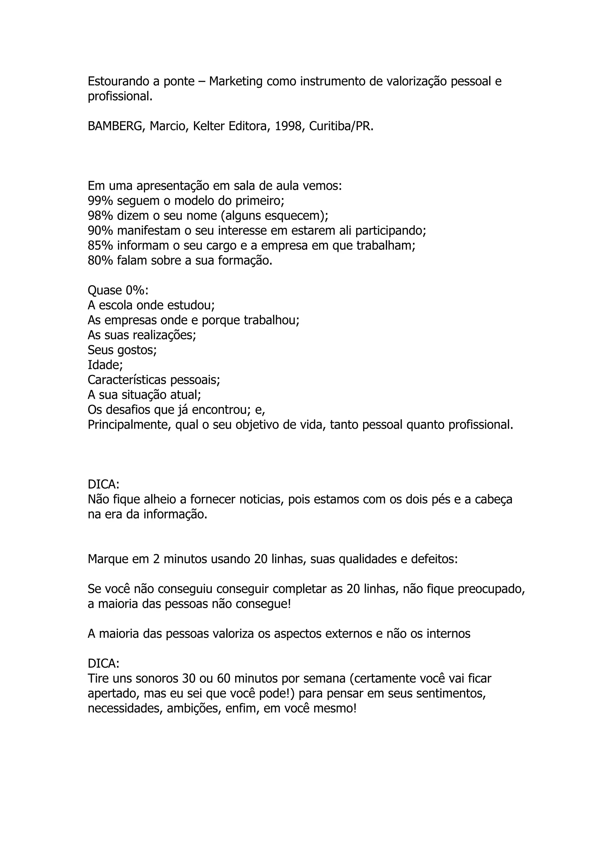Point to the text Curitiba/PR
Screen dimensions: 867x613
coord(341,127)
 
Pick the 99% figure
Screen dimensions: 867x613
coord(100,200)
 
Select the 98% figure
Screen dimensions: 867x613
coord(100,216)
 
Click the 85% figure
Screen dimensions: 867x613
coord(100,245)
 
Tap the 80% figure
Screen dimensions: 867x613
coord(100,261)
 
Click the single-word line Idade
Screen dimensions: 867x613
coord(105,365)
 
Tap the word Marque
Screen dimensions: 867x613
coord(108,559)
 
